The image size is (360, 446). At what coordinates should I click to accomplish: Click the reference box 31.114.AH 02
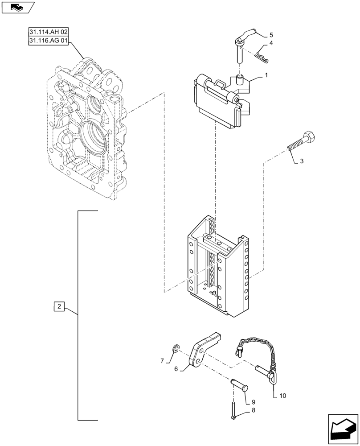[49, 33]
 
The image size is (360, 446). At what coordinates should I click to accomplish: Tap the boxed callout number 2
[60, 307]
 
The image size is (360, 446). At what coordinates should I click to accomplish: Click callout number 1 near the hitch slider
[266, 75]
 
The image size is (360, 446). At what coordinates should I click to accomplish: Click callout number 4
[272, 44]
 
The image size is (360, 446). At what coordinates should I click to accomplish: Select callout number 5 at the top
[271, 34]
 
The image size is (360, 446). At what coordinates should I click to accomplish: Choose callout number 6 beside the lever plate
[176, 369]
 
